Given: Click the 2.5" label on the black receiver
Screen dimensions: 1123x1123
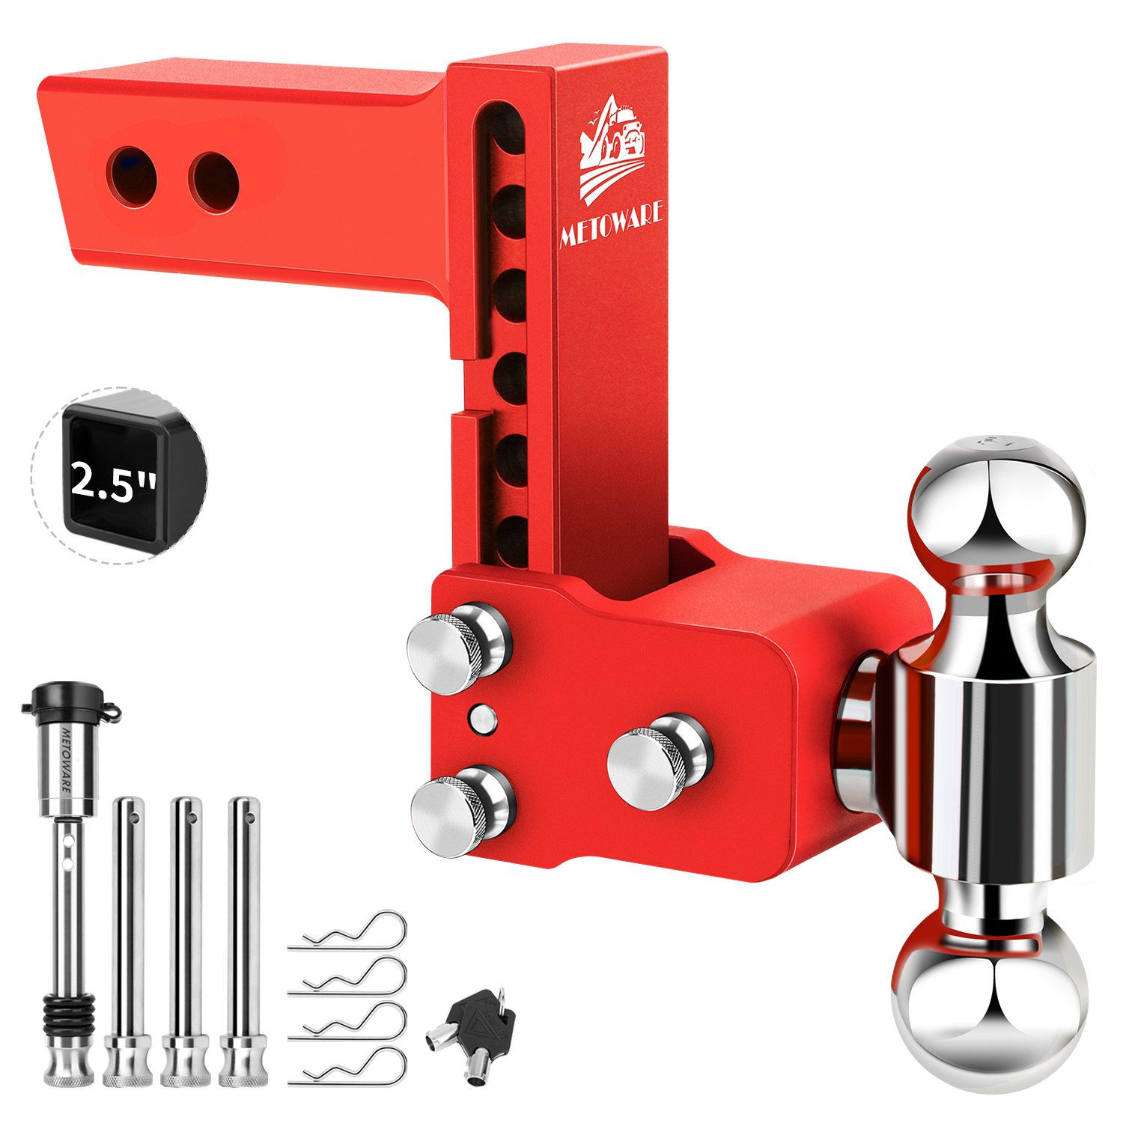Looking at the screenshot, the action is (x=114, y=481).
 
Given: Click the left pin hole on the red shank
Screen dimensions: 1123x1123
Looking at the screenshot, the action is (x=132, y=177).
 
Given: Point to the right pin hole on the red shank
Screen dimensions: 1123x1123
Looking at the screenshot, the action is (x=214, y=183).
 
